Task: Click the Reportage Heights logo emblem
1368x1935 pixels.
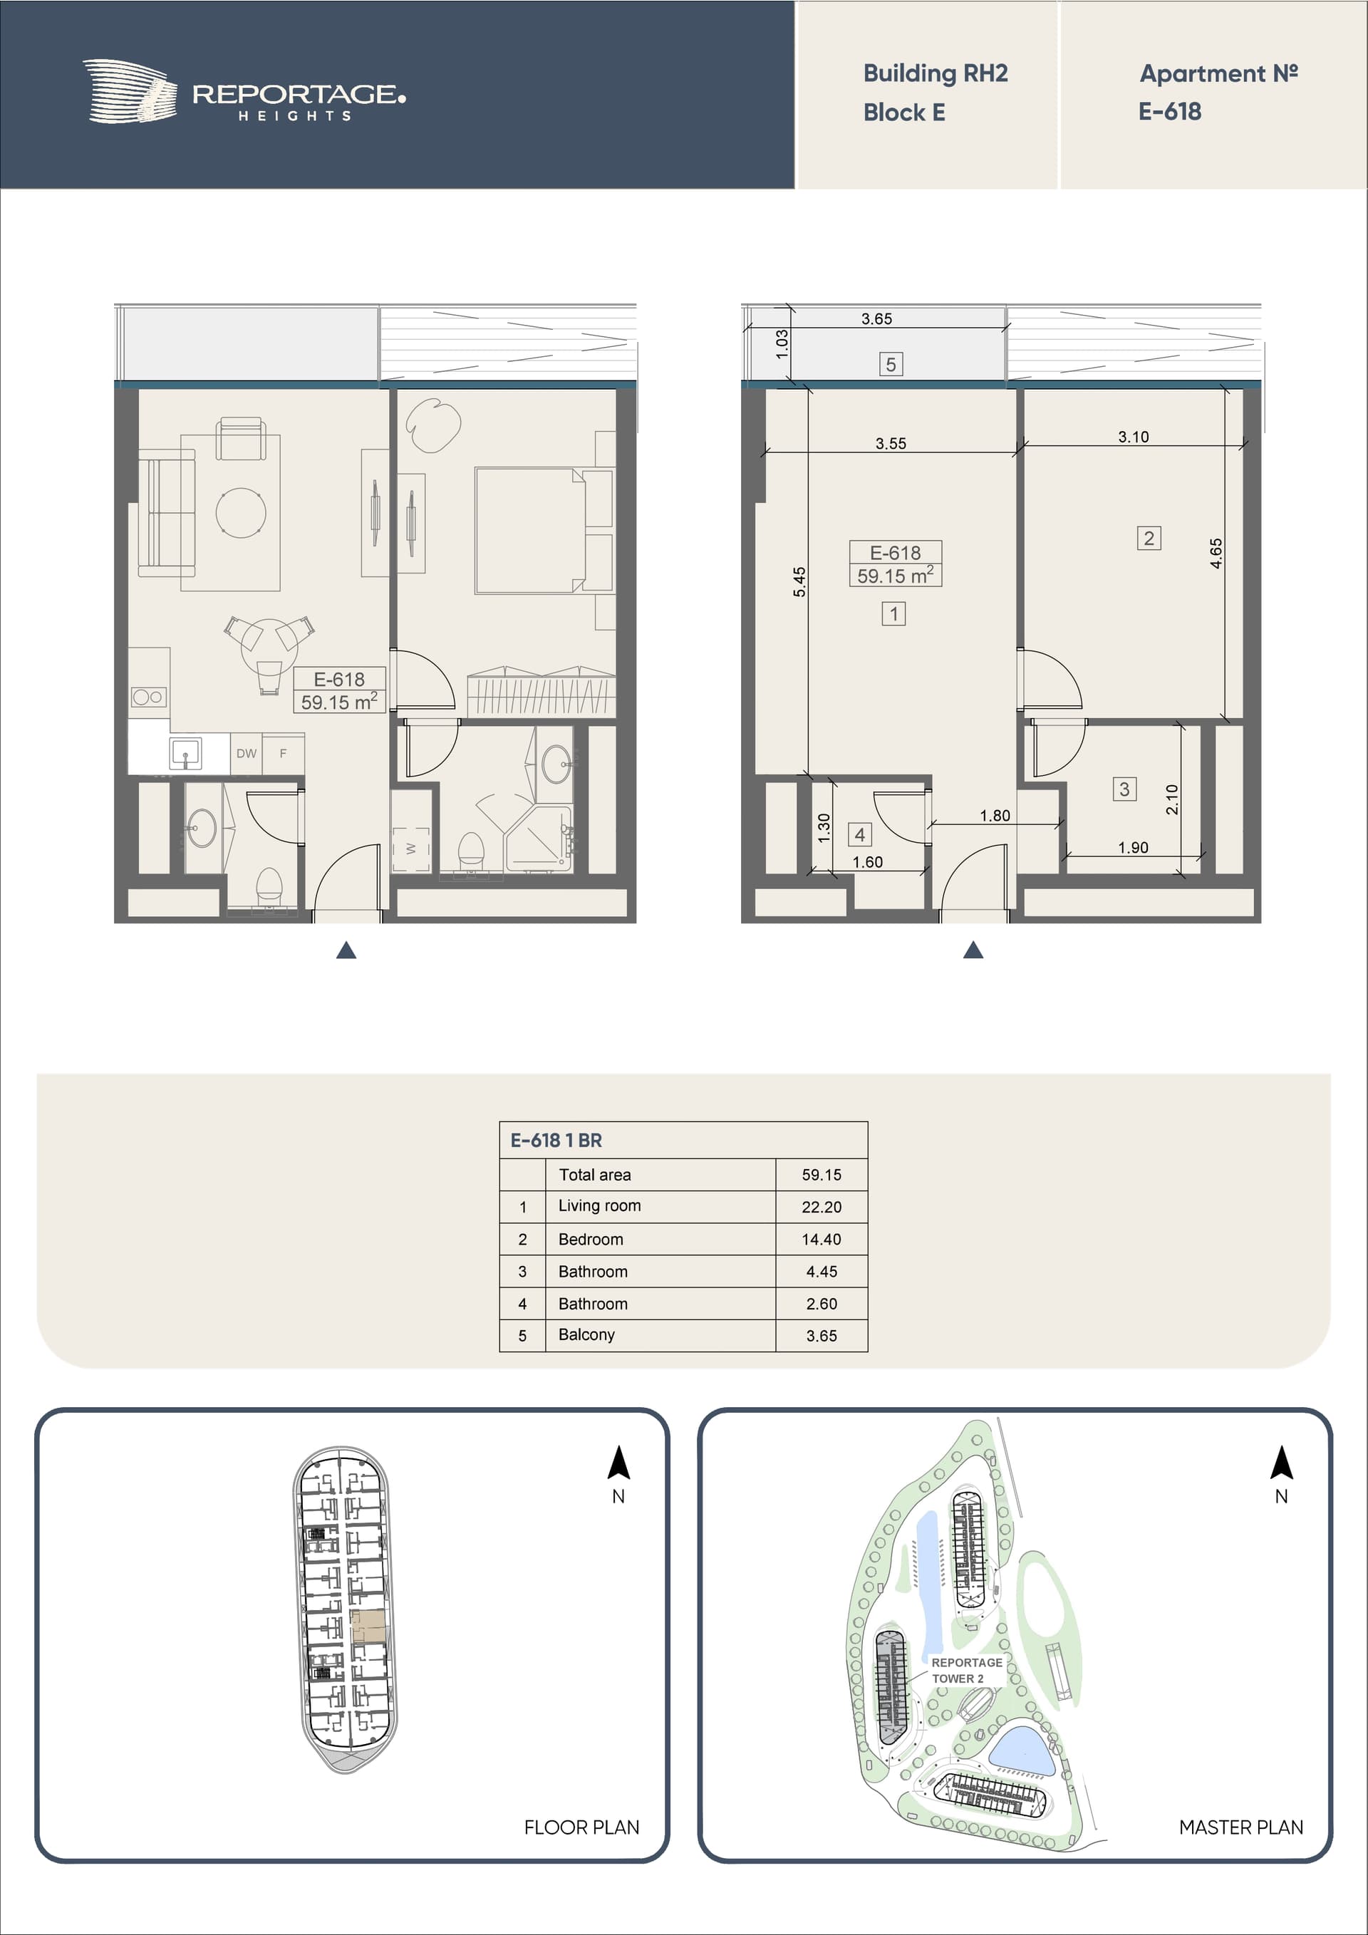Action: [130, 91]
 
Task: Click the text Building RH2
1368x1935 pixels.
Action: [935, 74]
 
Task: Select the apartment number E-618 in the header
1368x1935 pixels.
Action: [1170, 111]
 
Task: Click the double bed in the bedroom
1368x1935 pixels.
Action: [530, 531]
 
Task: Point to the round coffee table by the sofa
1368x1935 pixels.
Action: [241, 512]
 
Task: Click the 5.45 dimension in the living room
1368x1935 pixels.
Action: [799, 581]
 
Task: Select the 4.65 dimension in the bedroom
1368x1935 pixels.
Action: [1216, 553]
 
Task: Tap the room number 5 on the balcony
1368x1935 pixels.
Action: [891, 364]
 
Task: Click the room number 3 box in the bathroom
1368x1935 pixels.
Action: [1124, 789]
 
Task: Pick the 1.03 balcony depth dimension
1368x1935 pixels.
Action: [782, 344]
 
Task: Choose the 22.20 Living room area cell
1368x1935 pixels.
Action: [822, 1207]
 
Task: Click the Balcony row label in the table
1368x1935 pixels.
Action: [586, 1335]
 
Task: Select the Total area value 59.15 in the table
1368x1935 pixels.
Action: [822, 1175]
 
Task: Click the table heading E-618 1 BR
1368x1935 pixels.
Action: [556, 1140]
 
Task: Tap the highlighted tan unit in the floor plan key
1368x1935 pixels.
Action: [368, 1626]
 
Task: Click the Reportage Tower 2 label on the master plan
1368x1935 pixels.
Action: [967, 1671]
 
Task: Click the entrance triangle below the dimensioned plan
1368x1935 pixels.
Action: [973, 950]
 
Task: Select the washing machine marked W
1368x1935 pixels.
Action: [411, 849]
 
